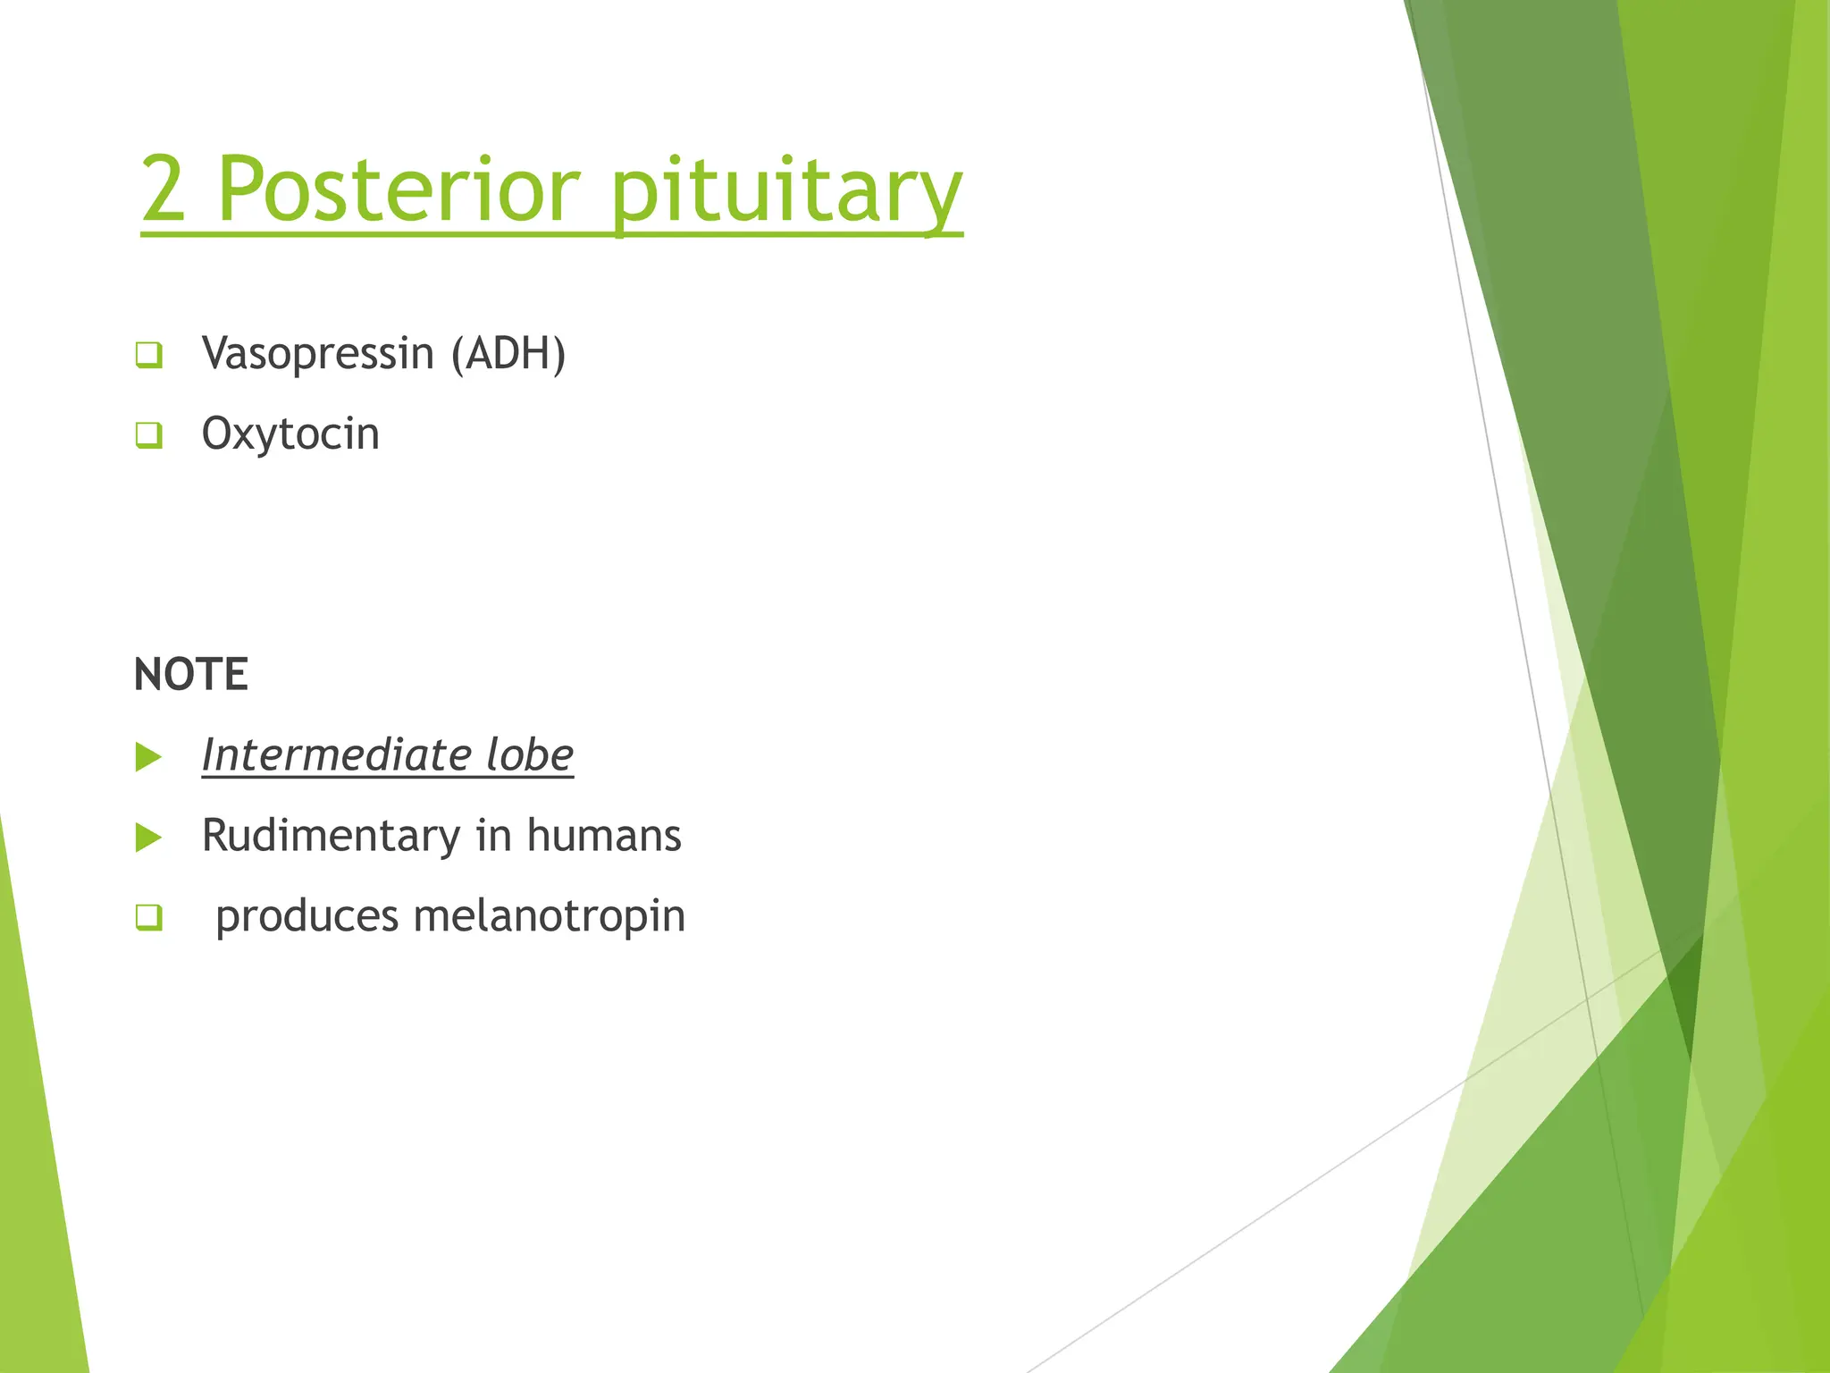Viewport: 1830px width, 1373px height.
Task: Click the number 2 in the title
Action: [x=164, y=190]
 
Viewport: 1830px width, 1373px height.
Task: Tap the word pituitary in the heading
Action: [x=786, y=192]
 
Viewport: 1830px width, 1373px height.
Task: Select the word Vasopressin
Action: [x=318, y=354]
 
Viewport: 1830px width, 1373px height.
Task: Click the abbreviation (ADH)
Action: [x=508, y=354]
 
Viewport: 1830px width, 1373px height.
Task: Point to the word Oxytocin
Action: [x=290, y=434]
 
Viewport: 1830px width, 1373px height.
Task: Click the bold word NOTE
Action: [x=190, y=674]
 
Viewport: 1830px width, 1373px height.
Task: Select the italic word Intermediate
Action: [x=336, y=754]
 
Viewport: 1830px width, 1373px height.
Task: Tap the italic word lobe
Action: [x=530, y=754]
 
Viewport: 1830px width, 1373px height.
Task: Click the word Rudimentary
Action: [x=331, y=837]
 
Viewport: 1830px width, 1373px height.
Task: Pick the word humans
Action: [x=604, y=836]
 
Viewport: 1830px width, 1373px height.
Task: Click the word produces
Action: [x=306, y=917]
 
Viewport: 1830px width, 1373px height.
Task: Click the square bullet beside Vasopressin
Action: [x=149, y=355]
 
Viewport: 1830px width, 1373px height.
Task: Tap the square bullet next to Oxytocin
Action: [x=149, y=435]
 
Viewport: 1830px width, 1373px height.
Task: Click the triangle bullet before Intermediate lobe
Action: [x=148, y=757]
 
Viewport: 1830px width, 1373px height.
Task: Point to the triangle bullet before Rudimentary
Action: [x=148, y=838]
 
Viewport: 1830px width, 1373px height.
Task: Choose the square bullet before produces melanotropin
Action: [x=149, y=917]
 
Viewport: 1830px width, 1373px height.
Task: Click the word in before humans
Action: [x=492, y=836]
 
